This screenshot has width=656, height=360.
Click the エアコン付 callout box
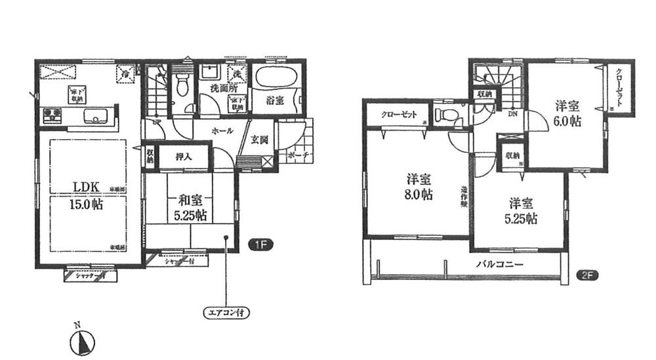[225, 312]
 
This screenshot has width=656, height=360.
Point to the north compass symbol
[83, 342]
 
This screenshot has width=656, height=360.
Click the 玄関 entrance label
[258, 139]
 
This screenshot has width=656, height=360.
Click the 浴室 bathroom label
[274, 102]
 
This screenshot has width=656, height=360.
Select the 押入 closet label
[183, 157]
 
